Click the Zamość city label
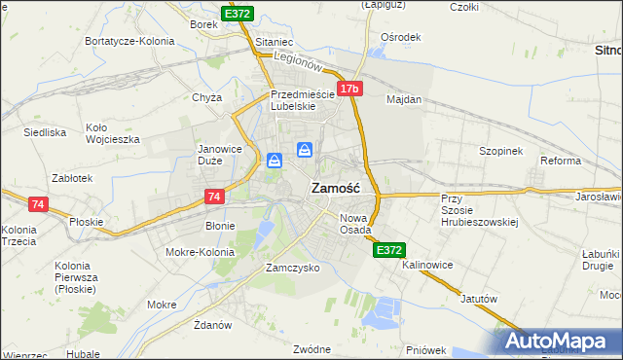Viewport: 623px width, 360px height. [336, 188]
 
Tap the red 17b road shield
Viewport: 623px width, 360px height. [350, 89]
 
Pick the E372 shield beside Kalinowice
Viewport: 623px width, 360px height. [388, 250]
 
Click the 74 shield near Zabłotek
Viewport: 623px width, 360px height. [38, 204]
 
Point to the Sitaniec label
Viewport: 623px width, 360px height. [274, 44]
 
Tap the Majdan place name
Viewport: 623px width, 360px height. [404, 99]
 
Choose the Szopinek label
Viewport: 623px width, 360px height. [501, 152]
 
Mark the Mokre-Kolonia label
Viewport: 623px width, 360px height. [202, 252]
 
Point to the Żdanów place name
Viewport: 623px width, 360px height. [211, 324]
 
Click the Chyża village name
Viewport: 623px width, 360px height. [207, 97]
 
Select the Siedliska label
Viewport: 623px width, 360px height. [45, 131]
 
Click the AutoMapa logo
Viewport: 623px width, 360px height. [562, 342]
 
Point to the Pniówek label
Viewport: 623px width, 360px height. [426, 349]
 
